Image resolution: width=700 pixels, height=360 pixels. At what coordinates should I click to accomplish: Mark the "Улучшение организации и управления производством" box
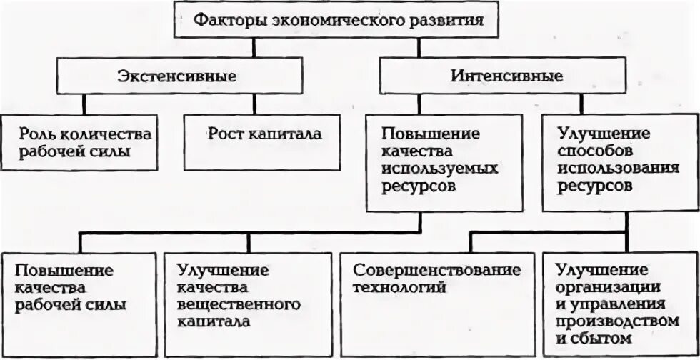(618, 303)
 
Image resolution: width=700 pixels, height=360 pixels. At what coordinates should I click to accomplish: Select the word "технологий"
(399, 288)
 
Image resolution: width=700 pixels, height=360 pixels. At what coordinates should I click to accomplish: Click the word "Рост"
(224, 134)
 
